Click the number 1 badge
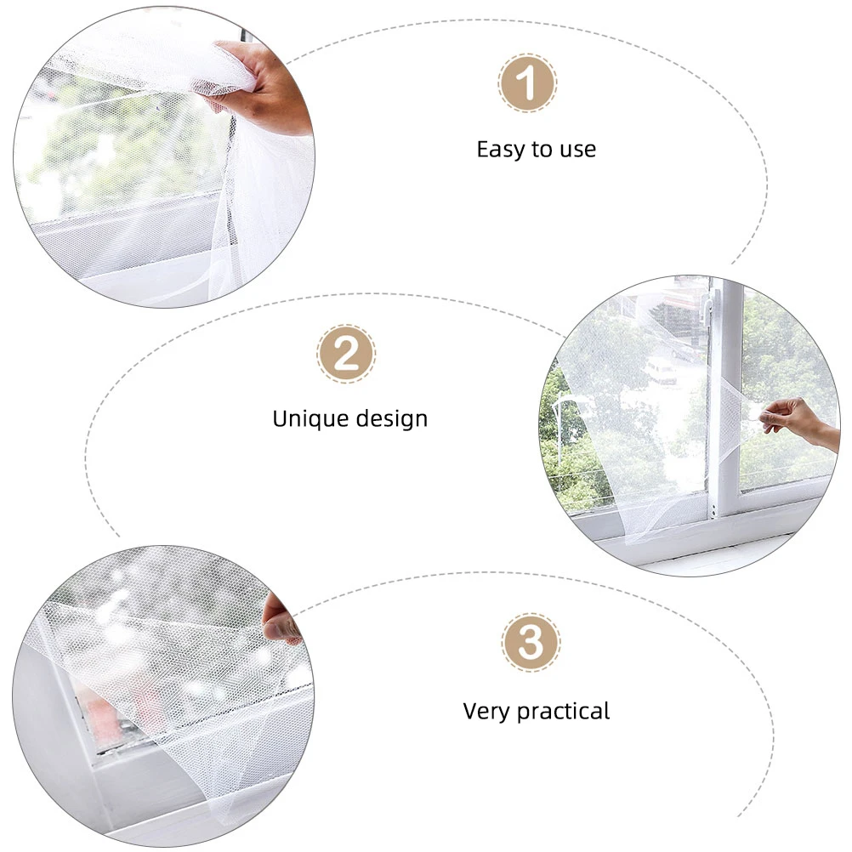point(527,83)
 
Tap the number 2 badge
point(346,353)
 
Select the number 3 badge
point(531,644)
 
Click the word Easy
point(501,150)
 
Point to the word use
point(577,151)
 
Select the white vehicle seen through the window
point(662,370)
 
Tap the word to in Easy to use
point(542,151)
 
